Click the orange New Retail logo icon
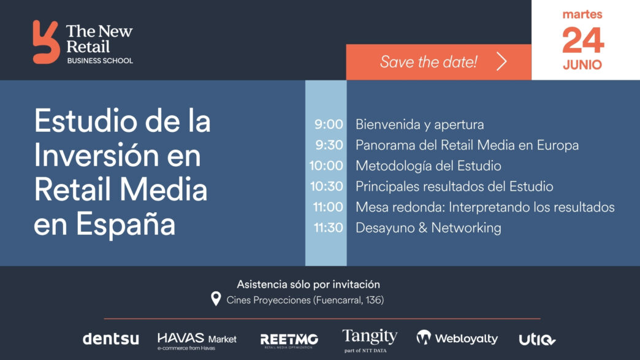(x=46, y=42)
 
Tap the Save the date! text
(x=429, y=62)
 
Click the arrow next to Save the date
(x=501, y=61)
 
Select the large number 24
(x=583, y=40)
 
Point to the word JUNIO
(x=582, y=65)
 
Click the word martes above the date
(x=582, y=15)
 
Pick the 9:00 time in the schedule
(x=329, y=124)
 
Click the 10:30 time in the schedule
(x=327, y=186)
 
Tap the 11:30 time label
(x=328, y=228)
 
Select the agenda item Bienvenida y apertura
(x=419, y=124)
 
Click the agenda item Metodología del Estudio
(x=428, y=166)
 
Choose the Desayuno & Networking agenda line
(x=428, y=228)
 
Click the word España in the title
(x=126, y=224)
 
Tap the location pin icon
(x=216, y=299)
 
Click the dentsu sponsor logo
(x=110, y=339)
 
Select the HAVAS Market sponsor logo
(x=197, y=341)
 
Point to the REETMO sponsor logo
(x=289, y=340)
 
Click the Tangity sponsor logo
(x=370, y=340)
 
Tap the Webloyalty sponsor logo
(x=457, y=338)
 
